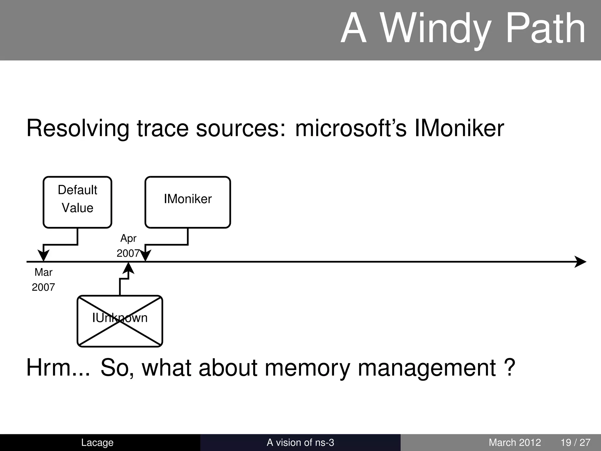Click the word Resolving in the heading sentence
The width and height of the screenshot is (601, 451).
tap(78, 129)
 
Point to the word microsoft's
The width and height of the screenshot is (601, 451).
tap(351, 129)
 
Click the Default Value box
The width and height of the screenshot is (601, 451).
tap(77, 202)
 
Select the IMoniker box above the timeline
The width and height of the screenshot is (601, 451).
tap(188, 202)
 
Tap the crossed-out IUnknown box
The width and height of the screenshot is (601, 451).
tap(120, 321)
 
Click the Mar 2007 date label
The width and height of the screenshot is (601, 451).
tap(43, 280)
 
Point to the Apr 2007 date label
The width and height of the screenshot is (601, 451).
tap(128, 245)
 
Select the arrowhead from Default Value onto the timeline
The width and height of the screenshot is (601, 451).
tap(43, 255)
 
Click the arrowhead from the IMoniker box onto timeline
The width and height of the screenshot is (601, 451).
tap(145, 255)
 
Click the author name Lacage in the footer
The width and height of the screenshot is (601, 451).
tap(97, 442)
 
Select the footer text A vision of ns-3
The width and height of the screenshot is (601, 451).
tap(300, 442)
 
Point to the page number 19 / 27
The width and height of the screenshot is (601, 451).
tap(575, 442)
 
